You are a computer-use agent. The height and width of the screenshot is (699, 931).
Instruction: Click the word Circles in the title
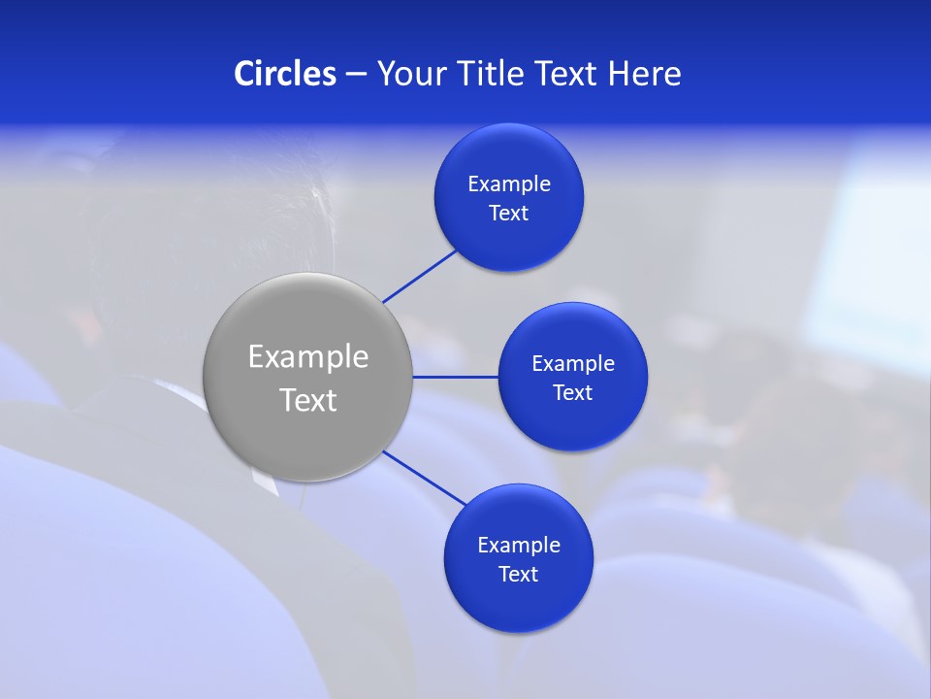(284, 74)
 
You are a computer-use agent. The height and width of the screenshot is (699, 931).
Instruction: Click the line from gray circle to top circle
(420, 276)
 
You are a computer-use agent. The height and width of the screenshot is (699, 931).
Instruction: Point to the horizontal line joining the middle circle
(456, 377)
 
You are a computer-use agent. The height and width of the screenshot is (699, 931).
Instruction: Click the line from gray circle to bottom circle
(424, 478)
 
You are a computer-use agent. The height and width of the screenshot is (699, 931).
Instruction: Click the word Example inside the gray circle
(308, 356)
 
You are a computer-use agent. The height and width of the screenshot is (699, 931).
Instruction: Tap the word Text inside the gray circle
(308, 400)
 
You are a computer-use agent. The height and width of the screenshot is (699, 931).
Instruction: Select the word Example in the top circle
(509, 184)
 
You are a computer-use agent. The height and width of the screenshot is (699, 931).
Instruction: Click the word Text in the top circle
(509, 214)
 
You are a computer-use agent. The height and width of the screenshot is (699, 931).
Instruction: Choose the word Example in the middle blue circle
(573, 364)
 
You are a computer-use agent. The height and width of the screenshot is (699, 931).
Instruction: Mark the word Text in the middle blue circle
(573, 393)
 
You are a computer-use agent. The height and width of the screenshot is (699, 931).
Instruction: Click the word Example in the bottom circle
(519, 546)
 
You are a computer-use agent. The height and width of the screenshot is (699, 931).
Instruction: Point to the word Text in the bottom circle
(519, 575)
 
